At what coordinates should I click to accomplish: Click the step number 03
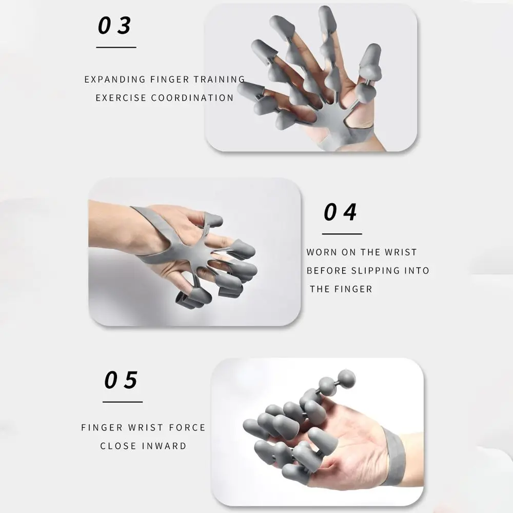tap(114, 26)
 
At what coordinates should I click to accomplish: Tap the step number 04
tap(340, 212)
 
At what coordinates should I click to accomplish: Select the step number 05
tap(121, 380)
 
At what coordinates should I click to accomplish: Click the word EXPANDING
tap(115, 80)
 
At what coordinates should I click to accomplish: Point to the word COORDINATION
tap(192, 98)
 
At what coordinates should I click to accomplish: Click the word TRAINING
tap(219, 80)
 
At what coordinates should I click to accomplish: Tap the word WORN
tap(321, 252)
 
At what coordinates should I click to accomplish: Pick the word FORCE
tap(187, 427)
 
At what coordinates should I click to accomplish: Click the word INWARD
tap(164, 446)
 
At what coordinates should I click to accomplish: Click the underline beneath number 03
tap(116, 47)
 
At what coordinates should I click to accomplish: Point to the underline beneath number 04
tap(342, 234)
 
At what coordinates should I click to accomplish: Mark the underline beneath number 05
tap(123, 402)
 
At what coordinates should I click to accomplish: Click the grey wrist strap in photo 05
tap(394, 458)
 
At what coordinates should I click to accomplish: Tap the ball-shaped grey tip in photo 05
tap(346, 379)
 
